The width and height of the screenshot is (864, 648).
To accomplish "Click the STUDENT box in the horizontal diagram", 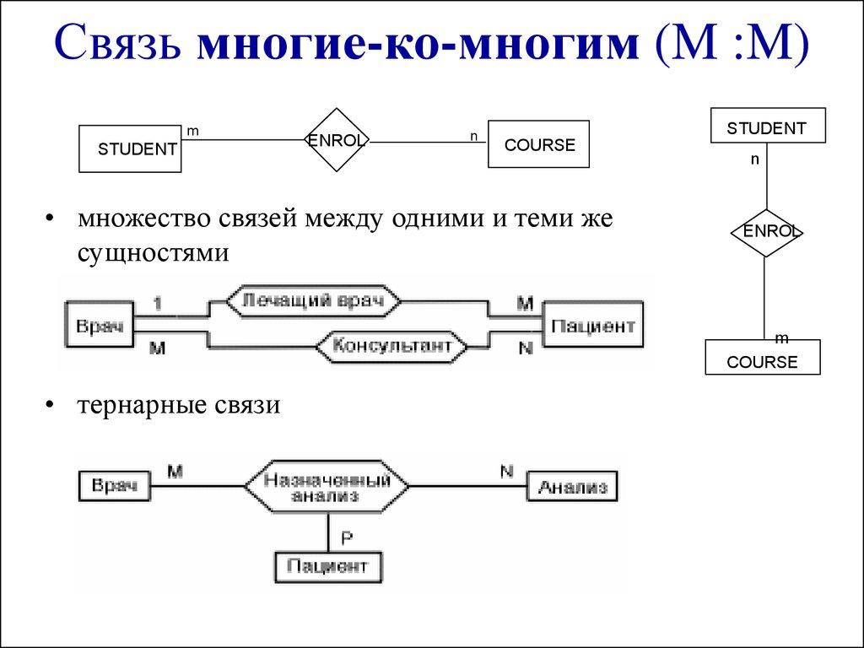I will (130, 149).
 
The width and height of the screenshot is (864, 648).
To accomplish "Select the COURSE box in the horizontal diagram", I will (538, 144).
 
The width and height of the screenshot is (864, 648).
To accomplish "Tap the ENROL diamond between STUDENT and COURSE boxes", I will (337, 141).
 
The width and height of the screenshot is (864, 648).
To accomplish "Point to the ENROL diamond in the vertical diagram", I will (765, 232).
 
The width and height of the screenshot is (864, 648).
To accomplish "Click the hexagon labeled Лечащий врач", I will (312, 300).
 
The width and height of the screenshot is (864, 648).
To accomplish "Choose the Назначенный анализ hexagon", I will (327, 487).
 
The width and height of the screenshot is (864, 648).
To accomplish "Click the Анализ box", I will (572, 486).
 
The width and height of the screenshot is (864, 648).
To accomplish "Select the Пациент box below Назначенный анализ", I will (327, 565).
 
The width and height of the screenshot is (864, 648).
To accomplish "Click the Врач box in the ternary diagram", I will (114, 486).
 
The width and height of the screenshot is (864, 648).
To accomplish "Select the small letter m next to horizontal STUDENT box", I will (192, 131).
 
